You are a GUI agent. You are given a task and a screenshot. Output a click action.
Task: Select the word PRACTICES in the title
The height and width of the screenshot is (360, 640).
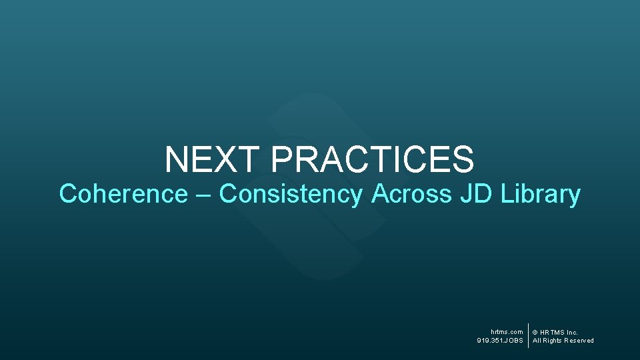point(373,160)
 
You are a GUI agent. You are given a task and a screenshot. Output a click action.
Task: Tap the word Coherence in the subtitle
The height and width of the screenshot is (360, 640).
point(123,194)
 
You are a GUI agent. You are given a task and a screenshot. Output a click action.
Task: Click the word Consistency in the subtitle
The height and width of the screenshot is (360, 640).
point(291,194)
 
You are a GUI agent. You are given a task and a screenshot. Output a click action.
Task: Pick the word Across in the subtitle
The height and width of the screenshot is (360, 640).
point(411,194)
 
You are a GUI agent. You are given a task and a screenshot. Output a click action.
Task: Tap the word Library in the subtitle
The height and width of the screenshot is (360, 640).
point(541,194)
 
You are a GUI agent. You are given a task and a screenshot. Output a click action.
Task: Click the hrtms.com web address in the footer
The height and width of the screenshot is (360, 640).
point(507,332)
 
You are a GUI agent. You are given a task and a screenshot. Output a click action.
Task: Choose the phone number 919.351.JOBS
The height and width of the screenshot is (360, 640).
point(500,341)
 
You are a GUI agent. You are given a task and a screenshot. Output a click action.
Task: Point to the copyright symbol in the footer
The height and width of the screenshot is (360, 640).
point(535,333)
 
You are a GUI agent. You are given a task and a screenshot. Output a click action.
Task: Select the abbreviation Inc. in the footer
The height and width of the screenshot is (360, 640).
point(572,332)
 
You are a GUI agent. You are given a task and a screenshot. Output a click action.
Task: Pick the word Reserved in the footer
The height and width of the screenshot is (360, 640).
point(579,341)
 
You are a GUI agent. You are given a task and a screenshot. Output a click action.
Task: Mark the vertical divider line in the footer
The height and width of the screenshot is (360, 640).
point(528,336)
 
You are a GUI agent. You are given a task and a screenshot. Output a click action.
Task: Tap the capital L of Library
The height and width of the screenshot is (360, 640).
point(506,194)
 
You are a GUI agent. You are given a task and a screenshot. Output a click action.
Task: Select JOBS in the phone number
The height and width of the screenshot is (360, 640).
point(515,341)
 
